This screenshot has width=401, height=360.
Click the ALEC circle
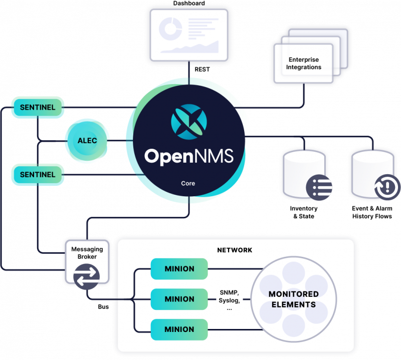(87, 141)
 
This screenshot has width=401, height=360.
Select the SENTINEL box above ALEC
(38, 107)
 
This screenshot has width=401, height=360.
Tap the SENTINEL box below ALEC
(38, 175)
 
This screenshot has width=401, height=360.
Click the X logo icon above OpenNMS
(188, 121)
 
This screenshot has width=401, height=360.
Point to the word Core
(188, 183)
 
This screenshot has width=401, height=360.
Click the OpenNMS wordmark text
(188, 156)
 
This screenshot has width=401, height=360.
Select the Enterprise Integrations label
(304, 64)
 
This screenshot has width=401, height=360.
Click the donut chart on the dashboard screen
(170, 30)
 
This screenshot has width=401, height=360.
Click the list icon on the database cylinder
(319, 187)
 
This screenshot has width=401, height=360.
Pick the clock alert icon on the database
(386, 187)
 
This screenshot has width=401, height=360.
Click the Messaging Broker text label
(87, 253)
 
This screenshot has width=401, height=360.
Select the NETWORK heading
(235, 250)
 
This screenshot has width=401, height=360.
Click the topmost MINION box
(179, 269)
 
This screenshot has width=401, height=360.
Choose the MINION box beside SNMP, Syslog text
(179, 299)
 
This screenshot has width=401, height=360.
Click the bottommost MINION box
(179, 329)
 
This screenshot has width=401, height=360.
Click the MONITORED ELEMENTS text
(293, 299)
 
